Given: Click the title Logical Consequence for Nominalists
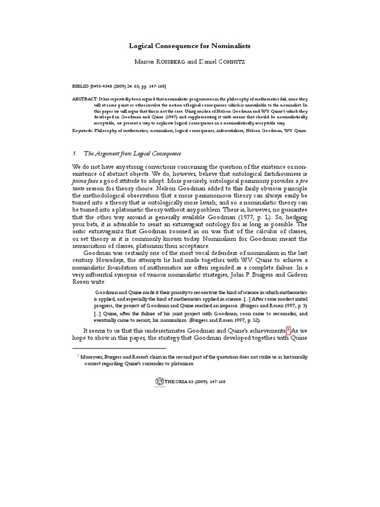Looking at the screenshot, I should point(190,46).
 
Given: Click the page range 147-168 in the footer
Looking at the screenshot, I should point(215,382).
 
